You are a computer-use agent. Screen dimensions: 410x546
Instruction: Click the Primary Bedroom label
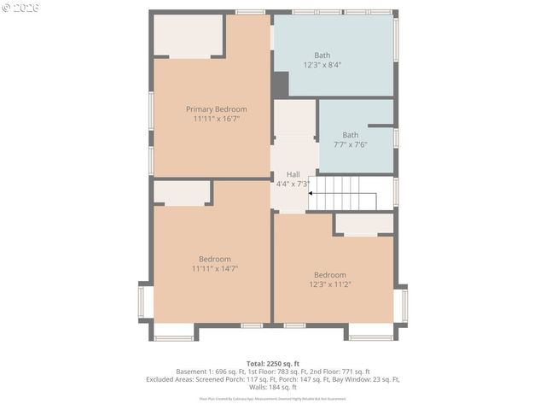(x=216, y=108)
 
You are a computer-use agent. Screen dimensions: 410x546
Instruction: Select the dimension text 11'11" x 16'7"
(x=216, y=119)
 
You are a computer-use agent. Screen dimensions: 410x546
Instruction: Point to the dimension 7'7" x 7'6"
(x=351, y=145)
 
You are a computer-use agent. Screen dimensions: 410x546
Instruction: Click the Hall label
(x=293, y=173)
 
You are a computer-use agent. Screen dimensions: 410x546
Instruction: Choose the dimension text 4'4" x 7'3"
(x=293, y=184)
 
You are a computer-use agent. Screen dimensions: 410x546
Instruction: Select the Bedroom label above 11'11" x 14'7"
(x=215, y=259)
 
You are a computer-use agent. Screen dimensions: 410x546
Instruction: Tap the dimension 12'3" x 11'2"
(x=330, y=284)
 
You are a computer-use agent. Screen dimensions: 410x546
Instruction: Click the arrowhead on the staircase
(x=311, y=194)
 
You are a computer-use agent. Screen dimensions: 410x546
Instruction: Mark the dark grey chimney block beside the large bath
(x=281, y=85)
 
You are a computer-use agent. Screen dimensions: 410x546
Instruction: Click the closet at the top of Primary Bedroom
(x=188, y=36)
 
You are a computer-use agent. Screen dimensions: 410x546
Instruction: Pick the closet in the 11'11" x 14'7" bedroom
(x=182, y=193)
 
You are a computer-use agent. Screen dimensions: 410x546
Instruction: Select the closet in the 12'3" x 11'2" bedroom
(x=363, y=224)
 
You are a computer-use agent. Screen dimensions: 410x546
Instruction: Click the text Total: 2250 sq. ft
(x=272, y=363)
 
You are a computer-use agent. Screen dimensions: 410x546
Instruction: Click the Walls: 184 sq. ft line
(x=273, y=387)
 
